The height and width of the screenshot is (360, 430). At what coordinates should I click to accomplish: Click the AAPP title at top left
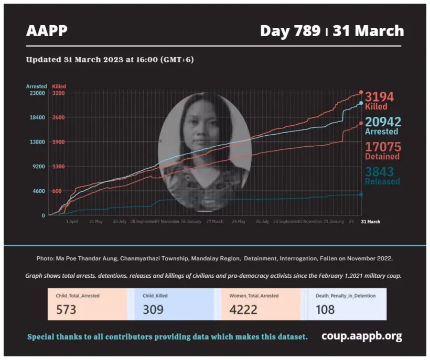[x=47, y=31]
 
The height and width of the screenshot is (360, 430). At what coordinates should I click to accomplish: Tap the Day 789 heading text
[x=291, y=31]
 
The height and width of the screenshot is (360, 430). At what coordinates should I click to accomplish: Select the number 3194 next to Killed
[x=379, y=97]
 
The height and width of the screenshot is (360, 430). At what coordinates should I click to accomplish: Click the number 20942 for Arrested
[x=383, y=122]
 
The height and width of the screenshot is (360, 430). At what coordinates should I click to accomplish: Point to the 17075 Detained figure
[x=383, y=147]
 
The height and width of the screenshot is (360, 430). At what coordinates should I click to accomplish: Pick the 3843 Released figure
[x=379, y=172]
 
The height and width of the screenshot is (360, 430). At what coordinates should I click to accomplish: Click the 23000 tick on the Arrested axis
[x=37, y=93]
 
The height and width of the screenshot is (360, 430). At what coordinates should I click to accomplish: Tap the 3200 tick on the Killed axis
[x=58, y=93]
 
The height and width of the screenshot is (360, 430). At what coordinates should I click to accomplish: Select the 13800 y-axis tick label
[x=37, y=142]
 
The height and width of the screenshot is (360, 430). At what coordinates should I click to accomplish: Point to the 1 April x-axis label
[x=72, y=222]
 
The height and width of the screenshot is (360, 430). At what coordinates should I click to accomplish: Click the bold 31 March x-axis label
[x=370, y=222]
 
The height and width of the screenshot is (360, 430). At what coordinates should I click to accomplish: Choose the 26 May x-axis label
[x=238, y=222]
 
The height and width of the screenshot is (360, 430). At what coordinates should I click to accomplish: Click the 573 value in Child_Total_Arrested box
[x=66, y=309]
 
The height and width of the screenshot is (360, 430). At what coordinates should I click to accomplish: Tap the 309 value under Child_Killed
[x=153, y=309]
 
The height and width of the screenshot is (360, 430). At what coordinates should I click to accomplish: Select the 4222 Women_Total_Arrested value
[x=243, y=309]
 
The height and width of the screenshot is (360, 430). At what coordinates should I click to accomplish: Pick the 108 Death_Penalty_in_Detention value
[x=325, y=309]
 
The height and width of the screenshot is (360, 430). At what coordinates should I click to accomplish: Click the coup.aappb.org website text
[x=361, y=336]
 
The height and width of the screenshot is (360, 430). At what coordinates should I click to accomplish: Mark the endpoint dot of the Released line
[x=361, y=194]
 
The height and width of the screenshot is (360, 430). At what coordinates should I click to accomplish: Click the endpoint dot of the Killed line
[x=361, y=93]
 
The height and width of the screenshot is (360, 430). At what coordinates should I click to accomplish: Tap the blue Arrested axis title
[x=36, y=86]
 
